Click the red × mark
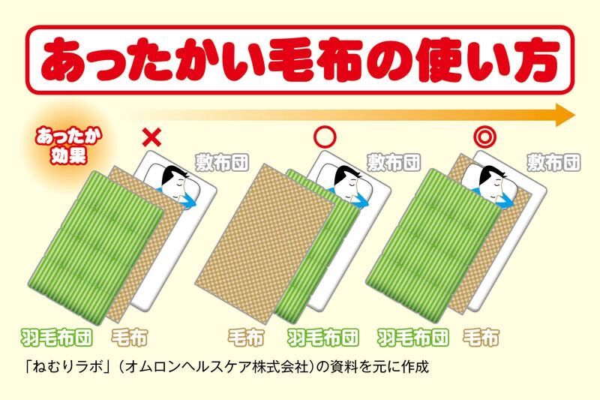pos(152,137)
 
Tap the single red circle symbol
pos(325,137)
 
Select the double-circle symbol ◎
pos(484,137)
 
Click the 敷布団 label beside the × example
pos(222,162)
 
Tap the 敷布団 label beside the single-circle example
pos(394,162)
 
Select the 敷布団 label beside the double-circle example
pos(553,162)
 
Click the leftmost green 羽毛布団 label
pos(57,338)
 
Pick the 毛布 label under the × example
pos(129,338)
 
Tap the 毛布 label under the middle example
pos(246,338)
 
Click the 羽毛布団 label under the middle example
pos(323,338)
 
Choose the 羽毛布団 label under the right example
pos(413,338)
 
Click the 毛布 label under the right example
pos(481,338)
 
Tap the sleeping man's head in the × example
pos(176,184)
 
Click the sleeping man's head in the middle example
pos(348,184)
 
